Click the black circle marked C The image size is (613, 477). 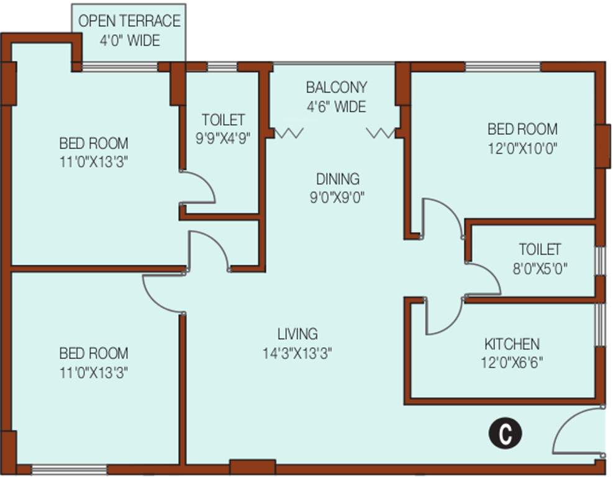[504, 433]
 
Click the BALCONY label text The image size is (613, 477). [336, 88]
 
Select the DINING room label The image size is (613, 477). [337, 179]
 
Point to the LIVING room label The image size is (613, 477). [297, 334]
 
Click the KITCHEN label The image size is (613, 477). [512, 344]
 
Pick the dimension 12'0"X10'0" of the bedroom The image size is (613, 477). [522, 149]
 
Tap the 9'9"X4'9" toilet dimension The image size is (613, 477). [222, 139]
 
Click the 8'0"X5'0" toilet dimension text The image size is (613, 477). [539, 269]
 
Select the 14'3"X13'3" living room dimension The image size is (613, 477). [297, 353]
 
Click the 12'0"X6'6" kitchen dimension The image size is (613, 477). [512, 363]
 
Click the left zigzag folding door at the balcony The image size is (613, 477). [289, 133]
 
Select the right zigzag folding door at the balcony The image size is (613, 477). [380, 133]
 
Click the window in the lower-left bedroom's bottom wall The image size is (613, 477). [68, 469]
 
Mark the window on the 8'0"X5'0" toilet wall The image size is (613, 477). [599, 260]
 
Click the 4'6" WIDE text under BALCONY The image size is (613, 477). [336, 107]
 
